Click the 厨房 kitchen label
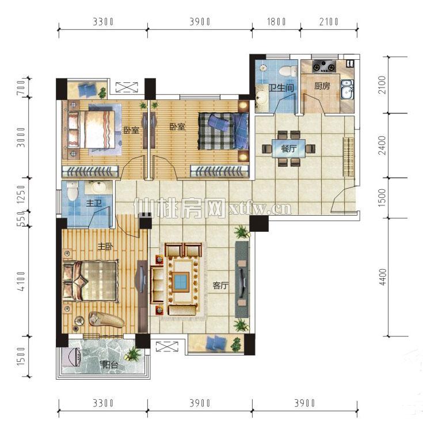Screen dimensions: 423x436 point(322,86)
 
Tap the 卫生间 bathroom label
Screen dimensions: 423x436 point(281,88)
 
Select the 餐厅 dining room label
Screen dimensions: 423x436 point(288,149)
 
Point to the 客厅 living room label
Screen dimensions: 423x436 point(220,285)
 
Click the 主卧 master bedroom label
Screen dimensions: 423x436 point(105,246)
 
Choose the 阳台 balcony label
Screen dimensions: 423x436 point(110,365)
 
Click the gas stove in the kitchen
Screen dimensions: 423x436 point(324,67)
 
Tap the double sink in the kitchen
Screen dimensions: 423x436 point(347,90)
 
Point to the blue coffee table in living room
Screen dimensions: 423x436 point(180,282)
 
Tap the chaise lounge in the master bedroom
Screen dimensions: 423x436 point(106,319)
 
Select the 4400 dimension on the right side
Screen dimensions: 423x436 point(383,277)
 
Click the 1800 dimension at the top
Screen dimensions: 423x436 point(276,22)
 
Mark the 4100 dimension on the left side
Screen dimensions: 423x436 point(21,281)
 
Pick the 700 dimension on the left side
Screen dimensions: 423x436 point(21,87)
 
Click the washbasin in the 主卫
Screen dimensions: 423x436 point(98,187)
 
